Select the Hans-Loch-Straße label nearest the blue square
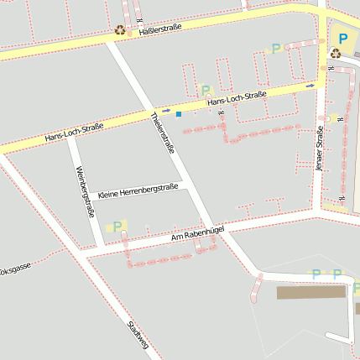tap(237, 98)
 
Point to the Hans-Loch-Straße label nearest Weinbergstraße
tap(74, 130)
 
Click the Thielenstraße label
tap(162, 133)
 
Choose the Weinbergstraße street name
tap(84, 191)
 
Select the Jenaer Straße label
tap(319, 149)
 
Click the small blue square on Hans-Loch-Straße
tap(178, 113)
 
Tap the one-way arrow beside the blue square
tap(166, 111)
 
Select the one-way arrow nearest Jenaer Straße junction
tap(310, 86)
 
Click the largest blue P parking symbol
tap(342, 38)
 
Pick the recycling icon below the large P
tap(336, 54)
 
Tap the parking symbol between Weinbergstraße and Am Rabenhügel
tap(117, 225)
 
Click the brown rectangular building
tap(311, 292)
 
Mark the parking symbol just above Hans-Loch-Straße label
tap(206, 91)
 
